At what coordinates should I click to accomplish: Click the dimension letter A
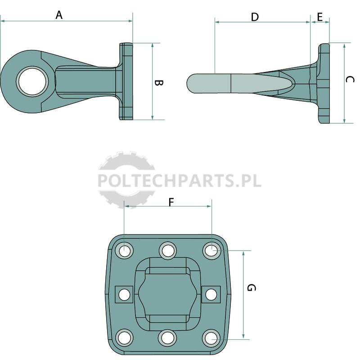pyautogui.click(x=59, y=15)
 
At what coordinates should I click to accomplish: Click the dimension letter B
pyautogui.click(x=158, y=83)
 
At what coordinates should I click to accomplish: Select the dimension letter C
pyautogui.click(x=350, y=80)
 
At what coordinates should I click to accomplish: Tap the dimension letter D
pyautogui.click(x=255, y=17)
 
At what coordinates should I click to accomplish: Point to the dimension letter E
pyautogui.click(x=320, y=17)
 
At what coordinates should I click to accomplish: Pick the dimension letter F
pyautogui.click(x=171, y=202)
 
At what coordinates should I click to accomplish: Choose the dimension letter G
pyautogui.click(x=252, y=288)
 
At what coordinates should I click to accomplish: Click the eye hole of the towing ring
pyautogui.click(x=32, y=82)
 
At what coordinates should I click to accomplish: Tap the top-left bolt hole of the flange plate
pyautogui.click(x=124, y=250)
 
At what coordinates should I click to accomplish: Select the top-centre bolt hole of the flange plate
pyautogui.click(x=168, y=250)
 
